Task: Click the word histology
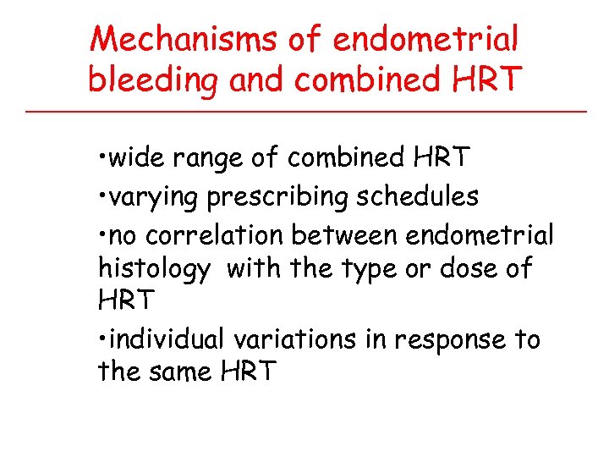[x=154, y=270]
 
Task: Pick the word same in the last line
[x=185, y=372]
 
